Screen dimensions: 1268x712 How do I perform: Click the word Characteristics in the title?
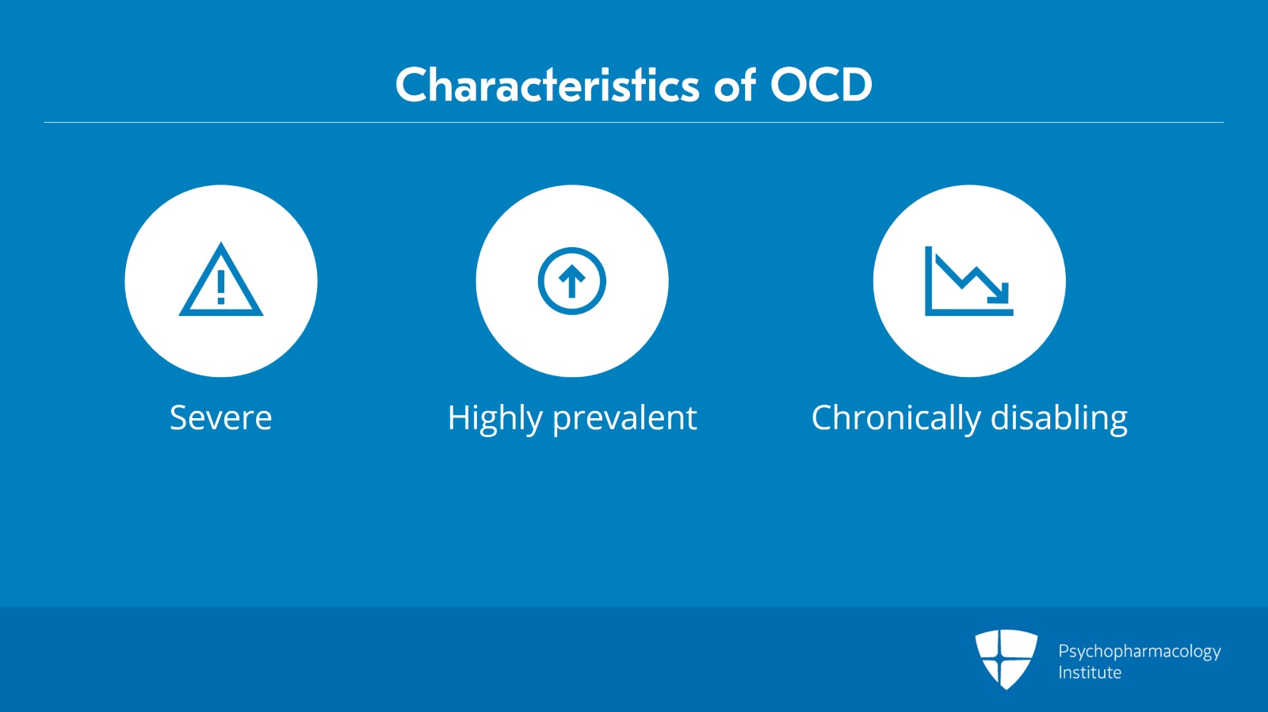point(548,85)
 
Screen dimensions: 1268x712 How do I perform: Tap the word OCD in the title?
point(821,85)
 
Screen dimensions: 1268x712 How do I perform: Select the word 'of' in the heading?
point(735,85)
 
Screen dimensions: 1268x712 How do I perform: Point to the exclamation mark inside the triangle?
point(221,287)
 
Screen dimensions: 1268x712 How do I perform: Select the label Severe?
point(221,418)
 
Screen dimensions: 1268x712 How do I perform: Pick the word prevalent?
point(624,419)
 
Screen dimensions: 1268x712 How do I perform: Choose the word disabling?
point(1059,419)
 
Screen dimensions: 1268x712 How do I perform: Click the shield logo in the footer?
point(1006,660)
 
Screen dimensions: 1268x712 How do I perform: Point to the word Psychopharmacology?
point(1140,652)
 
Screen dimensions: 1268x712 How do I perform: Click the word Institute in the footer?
point(1090,672)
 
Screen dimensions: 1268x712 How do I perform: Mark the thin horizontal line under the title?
point(634,122)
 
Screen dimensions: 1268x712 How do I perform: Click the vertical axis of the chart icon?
point(928,280)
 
